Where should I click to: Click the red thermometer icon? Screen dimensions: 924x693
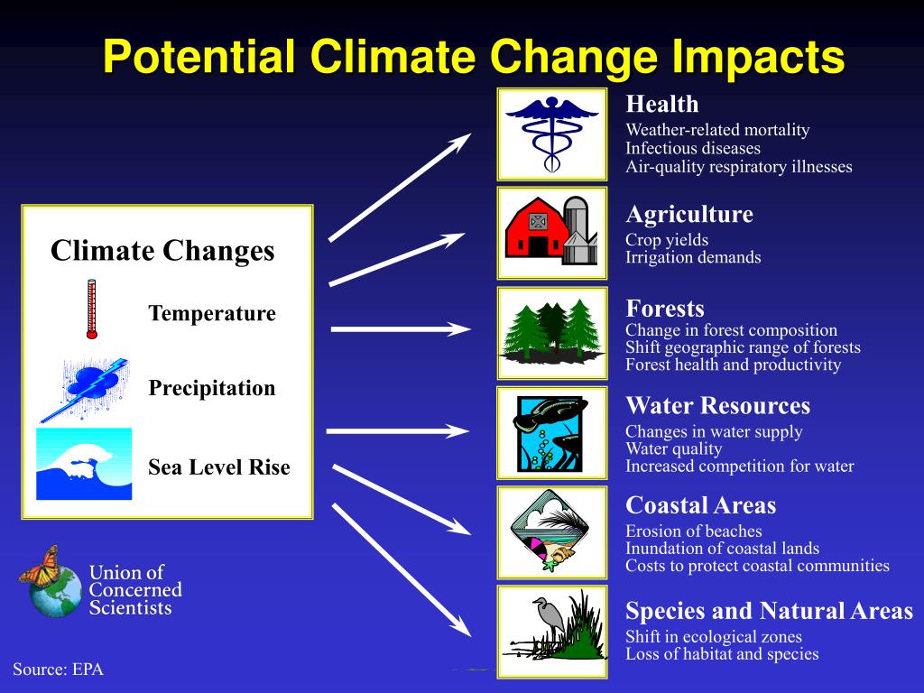pos(91,309)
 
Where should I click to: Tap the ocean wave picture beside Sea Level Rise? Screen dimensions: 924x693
pos(84,464)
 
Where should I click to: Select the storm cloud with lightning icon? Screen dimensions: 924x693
pos(85,390)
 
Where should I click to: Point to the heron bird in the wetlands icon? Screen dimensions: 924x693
pos(550,619)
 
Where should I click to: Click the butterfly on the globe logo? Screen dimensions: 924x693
pos(42,567)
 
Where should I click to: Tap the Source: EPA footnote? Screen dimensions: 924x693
pos(59,670)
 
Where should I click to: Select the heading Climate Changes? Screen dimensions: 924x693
pos(162,251)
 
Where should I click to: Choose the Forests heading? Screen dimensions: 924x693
pos(665,309)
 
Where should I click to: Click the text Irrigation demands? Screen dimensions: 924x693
pos(693,257)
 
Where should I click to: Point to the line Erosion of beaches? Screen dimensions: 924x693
pos(694,531)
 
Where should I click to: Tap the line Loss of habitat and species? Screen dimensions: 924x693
pos(722,654)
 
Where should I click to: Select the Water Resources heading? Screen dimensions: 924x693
pos(717,405)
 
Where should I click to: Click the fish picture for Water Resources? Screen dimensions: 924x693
pos(550,434)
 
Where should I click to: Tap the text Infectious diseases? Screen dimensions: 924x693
pos(693,149)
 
